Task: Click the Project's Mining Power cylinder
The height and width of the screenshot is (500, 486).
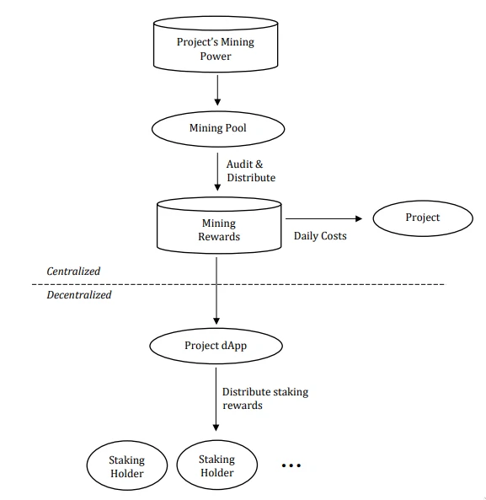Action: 216,45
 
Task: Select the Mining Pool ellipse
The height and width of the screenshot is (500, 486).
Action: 218,129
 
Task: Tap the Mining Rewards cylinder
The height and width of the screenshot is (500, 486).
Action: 219,225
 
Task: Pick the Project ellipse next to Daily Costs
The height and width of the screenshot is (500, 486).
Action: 423,218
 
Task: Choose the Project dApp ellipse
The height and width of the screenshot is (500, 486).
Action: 216,346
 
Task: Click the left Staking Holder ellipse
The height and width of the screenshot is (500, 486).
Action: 126,465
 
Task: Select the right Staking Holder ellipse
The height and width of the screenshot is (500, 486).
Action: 216,465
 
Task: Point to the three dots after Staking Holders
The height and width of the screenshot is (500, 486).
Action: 291,465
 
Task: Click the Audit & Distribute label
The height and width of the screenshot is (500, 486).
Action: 251,171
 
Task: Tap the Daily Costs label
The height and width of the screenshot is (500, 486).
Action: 320,236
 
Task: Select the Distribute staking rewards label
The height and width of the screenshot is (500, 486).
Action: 265,399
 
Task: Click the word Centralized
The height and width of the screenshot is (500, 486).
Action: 73,271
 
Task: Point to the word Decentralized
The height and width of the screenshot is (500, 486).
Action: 79,294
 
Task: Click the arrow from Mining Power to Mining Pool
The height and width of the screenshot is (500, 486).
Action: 217,90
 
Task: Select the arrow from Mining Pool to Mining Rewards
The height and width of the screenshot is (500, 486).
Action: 217,172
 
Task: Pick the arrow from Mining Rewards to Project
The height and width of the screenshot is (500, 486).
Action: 324,218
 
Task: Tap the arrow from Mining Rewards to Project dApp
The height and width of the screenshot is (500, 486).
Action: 216,291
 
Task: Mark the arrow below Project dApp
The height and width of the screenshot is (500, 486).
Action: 216,399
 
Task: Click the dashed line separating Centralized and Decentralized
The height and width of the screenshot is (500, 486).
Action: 238,284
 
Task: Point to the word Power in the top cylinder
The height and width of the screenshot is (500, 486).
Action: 216,56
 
